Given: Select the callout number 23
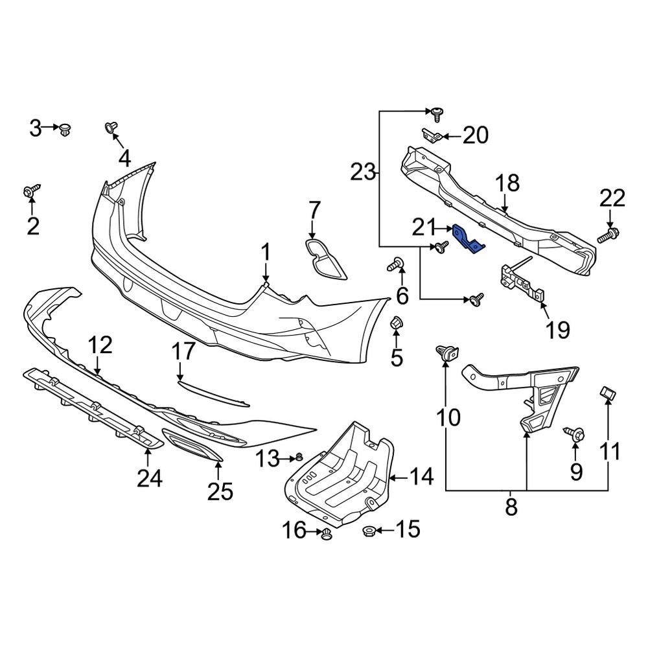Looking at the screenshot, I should click(363, 172).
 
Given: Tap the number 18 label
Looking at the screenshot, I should click(508, 183).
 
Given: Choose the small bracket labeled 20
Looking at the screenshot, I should click(432, 135).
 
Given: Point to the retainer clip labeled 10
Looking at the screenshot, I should click(446, 353).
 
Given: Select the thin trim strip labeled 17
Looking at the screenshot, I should click(214, 394).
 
